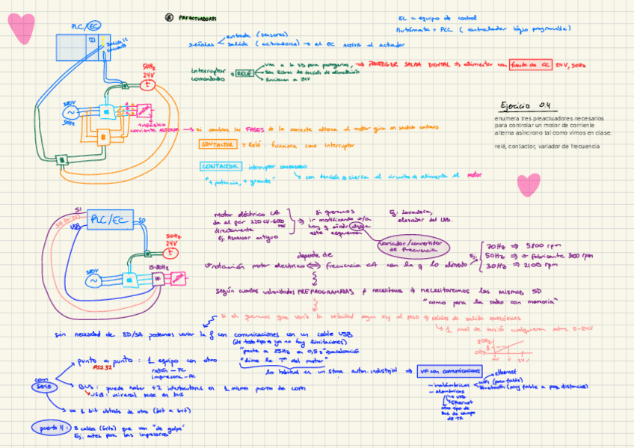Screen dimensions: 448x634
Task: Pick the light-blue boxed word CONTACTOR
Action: pyautogui.click(x=221, y=166)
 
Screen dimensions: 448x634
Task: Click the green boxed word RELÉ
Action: pyautogui.click(x=244, y=73)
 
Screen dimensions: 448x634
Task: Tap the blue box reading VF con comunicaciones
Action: pyautogui.click(x=449, y=372)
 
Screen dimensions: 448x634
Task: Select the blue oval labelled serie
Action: pyautogui.click(x=43, y=383)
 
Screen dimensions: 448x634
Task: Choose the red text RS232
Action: pyautogui.click(x=102, y=367)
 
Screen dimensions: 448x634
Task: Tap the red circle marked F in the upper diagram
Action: pyautogui.click(x=148, y=85)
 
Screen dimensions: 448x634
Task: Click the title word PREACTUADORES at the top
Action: pyautogui.click(x=197, y=19)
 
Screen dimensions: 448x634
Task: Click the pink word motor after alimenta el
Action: pyautogui.click(x=471, y=177)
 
